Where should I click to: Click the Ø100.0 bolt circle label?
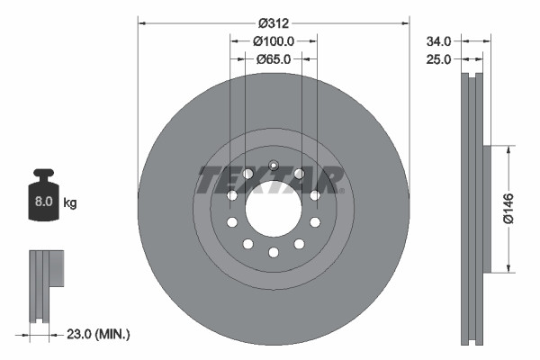pos(274,40)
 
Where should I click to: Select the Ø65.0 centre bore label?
pos(274,58)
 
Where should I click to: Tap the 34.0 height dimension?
pos(438,40)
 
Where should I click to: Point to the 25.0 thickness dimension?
pos(438,58)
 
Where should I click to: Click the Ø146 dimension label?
pos(509,208)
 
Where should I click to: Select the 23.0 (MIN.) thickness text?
pos(99,334)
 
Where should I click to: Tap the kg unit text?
pos(70,203)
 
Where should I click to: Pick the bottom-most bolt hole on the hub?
pos(273,255)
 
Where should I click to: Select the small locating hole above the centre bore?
pos(274,164)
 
